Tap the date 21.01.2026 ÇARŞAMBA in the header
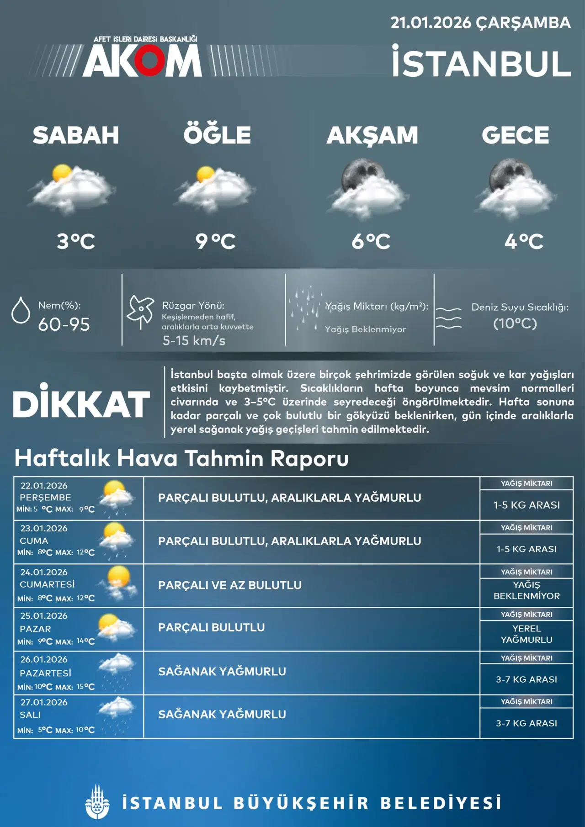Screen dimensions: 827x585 click(480, 23)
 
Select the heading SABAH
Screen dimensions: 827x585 click(76, 135)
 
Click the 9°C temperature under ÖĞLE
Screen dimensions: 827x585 click(215, 241)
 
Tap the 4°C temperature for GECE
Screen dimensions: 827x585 click(524, 241)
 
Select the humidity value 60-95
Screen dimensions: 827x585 click(64, 324)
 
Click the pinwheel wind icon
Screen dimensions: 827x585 click(141, 311)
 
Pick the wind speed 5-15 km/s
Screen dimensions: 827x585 click(194, 340)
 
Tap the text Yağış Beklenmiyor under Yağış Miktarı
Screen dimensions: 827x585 click(365, 329)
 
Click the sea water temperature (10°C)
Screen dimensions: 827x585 click(515, 323)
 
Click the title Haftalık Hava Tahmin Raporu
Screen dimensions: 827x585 click(181, 458)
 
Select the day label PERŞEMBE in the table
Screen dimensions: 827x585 click(45, 497)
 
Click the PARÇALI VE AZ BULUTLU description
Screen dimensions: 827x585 click(230, 585)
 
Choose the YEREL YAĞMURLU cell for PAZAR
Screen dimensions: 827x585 click(526, 634)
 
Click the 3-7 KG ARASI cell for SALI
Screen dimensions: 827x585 click(526, 723)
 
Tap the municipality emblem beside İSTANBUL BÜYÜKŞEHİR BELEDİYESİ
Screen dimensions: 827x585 click(97, 802)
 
